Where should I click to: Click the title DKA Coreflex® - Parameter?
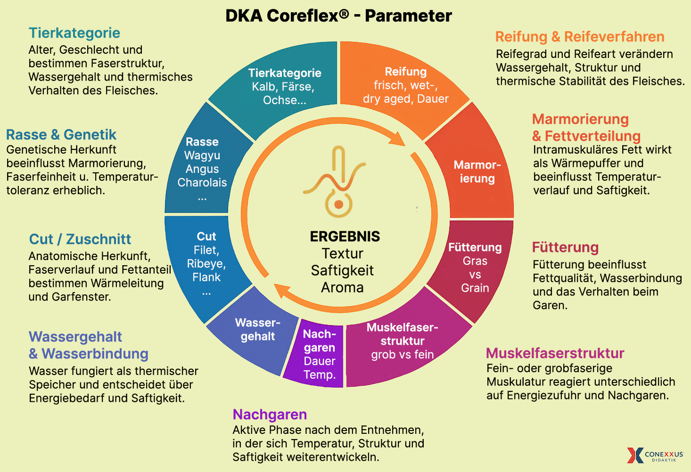pos(338,16)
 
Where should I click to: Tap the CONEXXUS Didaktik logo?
pos(655,455)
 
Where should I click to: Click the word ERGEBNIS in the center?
pos(345,236)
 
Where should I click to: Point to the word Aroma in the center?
pos(342,287)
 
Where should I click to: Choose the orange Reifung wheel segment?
pos(405,85)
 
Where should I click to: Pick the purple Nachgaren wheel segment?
pos(319,354)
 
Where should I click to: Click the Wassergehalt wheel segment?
pos(257,330)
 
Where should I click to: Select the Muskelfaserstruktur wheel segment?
pos(402,341)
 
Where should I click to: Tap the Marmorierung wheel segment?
pos(477,172)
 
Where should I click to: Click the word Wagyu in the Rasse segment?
pos(202,155)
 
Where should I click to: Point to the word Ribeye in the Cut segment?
pos(206,264)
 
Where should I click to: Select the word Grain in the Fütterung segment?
pos(475,288)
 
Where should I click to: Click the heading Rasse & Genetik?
pos(61,135)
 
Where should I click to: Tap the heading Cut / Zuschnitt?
pos(80,239)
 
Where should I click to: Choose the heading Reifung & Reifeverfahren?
pos(579,37)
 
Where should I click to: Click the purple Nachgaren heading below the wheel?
pos(270,415)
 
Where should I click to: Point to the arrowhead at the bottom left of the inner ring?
pos(282,291)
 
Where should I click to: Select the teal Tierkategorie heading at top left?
pos(74,33)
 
